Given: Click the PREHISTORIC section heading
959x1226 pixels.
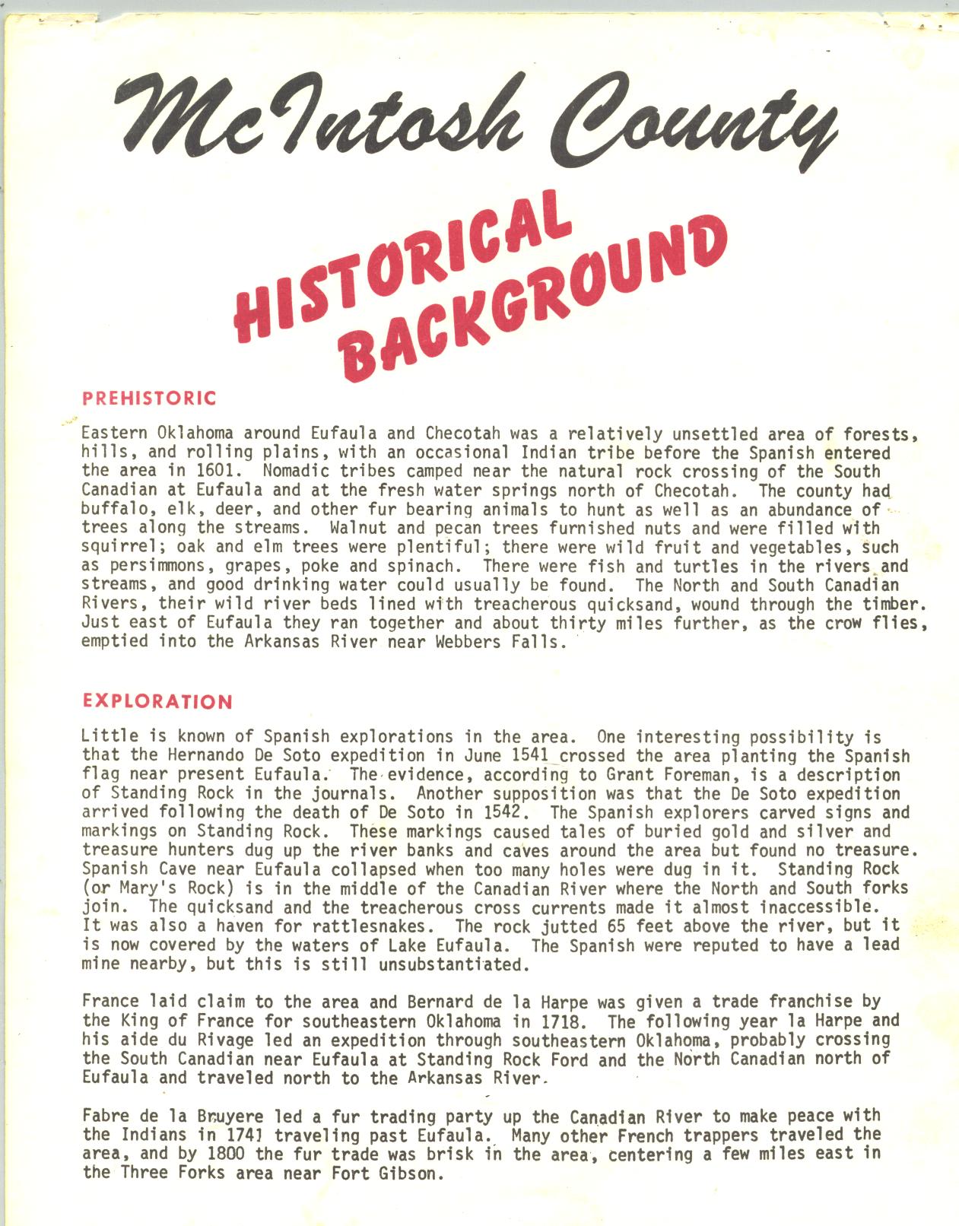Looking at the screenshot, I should pyautogui.click(x=149, y=398).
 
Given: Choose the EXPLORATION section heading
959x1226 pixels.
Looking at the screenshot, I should pyautogui.click(x=157, y=701).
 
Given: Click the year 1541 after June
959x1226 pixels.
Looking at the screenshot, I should pyautogui.click(x=535, y=756).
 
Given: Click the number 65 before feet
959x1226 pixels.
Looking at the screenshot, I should pyautogui.click(x=617, y=926).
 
